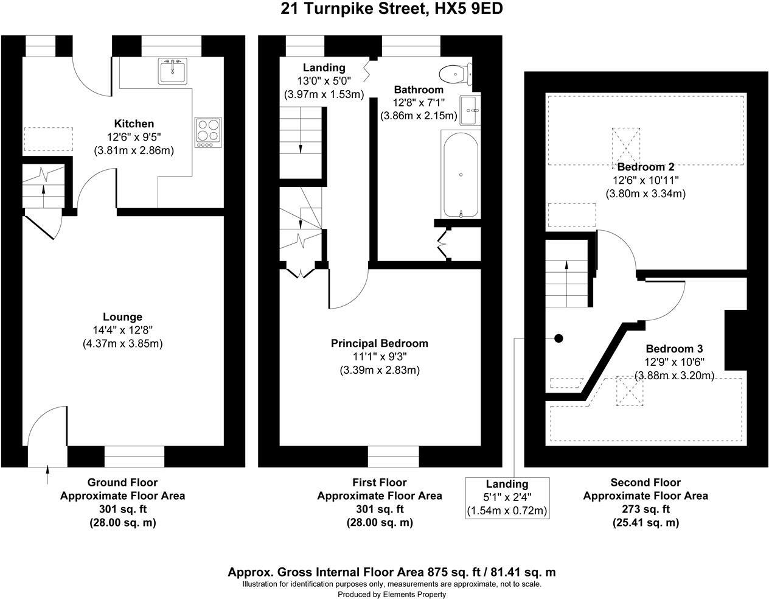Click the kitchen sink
172,71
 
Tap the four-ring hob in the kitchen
208,133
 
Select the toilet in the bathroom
456,74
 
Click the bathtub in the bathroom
461,174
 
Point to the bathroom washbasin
470,110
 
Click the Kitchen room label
134,124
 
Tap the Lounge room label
122,317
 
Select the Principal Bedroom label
380,343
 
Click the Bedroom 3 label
674,348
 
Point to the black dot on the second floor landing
558,338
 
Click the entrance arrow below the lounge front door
48,475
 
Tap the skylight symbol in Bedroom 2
625,145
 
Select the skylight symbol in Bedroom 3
630,391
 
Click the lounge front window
134,457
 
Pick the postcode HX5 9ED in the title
468,9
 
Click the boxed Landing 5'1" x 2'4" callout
507,498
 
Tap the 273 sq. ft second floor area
645,509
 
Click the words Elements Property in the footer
414,594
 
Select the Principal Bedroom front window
393,457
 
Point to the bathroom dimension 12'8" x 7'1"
419,103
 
